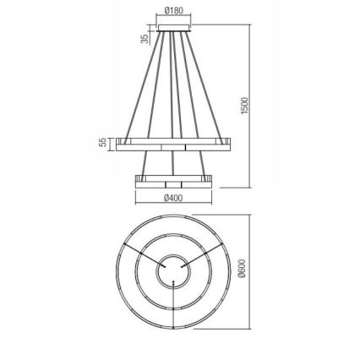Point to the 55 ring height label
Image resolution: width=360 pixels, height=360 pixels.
point(103,144)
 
